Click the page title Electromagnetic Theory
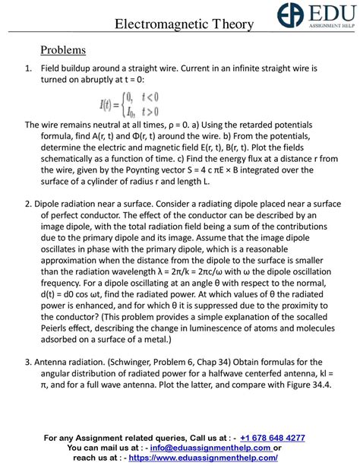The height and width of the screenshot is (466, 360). (184, 24)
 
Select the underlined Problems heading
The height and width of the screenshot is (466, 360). (63, 51)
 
